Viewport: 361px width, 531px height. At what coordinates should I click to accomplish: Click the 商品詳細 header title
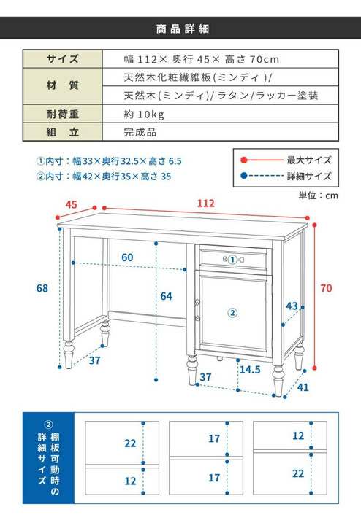[x=180, y=30]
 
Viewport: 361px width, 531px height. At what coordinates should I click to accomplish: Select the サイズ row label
[x=62, y=59]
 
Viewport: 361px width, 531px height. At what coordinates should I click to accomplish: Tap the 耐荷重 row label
[x=62, y=115]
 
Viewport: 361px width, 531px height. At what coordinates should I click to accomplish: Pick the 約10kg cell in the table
[x=145, y=115]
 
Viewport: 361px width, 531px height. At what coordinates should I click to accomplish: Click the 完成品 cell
[x=140, y=133]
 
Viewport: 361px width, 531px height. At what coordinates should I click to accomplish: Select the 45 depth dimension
[x=71, y=205]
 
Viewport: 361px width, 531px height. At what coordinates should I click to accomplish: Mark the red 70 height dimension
[x=325, y=288]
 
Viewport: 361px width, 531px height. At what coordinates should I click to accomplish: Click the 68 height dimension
[x=42, y=288]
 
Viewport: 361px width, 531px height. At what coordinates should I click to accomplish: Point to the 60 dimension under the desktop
[x=127, y=257]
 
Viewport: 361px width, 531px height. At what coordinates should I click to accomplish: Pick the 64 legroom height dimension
[x=166, y=295]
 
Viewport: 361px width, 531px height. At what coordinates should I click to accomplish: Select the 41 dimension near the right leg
[x=303, y=387]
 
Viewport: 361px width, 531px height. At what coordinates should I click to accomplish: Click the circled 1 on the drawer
[x=232, y=258]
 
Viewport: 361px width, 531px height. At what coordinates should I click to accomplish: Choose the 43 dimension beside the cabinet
[x=292, y=306]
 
